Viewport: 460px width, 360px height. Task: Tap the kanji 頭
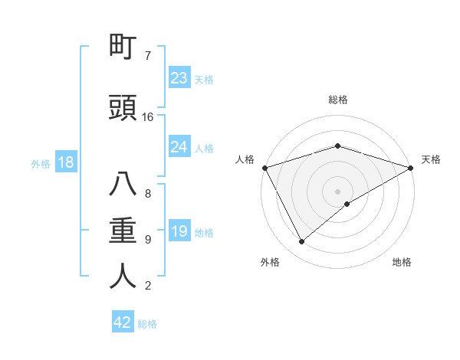point(123,109)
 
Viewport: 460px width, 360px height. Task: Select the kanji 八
point(123,185)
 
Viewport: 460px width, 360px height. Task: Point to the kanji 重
point(123,230)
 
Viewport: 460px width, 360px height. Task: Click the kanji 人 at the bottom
point(123,276)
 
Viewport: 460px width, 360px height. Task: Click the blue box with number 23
point(179,77)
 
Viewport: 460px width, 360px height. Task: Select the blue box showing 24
point(179,146)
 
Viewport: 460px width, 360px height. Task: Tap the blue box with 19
point(179,231)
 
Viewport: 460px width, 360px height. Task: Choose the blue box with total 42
point(123,322)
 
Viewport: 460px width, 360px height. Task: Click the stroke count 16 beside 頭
point(148,117)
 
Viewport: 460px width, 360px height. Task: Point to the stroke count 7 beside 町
point(148,56)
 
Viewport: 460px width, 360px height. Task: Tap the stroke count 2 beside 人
point(148,286)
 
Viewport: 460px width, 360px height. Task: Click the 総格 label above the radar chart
point(337,100)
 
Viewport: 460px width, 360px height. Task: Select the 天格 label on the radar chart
point(431,159)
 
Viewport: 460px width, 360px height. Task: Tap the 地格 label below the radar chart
point(402,262)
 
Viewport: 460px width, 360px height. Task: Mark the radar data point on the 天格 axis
point(410,167)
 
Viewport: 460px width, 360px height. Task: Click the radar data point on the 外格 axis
point(302,242)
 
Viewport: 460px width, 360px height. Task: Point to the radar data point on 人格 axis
point(264,168)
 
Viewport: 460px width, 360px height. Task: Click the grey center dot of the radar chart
point(337,191)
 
